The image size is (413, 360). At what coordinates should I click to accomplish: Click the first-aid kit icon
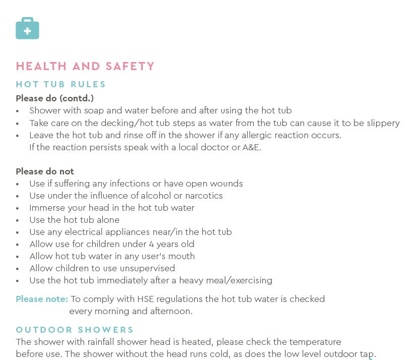pos(27,28)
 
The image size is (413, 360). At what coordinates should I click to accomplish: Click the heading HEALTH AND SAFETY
pos(85,66)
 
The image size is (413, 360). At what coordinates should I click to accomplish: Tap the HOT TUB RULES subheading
pos(61,84)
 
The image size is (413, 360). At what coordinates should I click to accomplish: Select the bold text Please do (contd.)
pos(54,98)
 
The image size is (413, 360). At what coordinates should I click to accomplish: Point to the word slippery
pos(381,123)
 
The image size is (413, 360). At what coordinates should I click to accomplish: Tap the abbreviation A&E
pos(251,147)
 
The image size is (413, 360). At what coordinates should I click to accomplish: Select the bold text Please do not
pos(45,171)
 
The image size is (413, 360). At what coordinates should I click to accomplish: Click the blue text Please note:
pos(42,299)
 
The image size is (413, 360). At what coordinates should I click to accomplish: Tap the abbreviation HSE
pos(146,299)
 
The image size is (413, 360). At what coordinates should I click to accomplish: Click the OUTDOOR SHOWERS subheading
pos(75,330)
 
